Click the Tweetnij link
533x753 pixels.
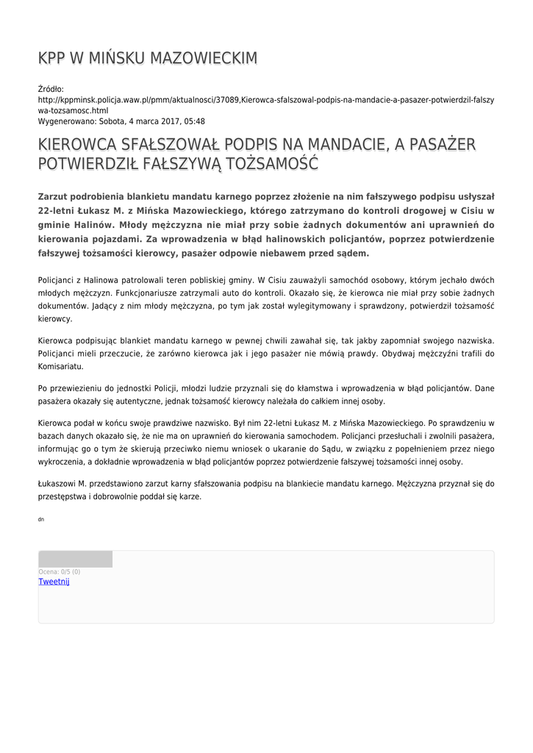point(54,582)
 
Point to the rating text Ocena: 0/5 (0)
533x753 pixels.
point(59,571)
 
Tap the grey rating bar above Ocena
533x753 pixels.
point(75,559)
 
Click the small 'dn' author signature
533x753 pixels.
point(40,520)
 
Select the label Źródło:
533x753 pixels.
point(51,89)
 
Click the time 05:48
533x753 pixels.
point(193,121)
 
